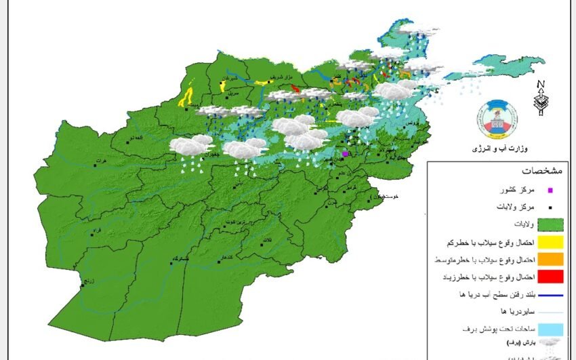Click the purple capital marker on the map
[x=345, y=154]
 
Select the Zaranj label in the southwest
[x=89, y=281]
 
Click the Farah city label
[x=96, y=231]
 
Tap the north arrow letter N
[x=540, y=85]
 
